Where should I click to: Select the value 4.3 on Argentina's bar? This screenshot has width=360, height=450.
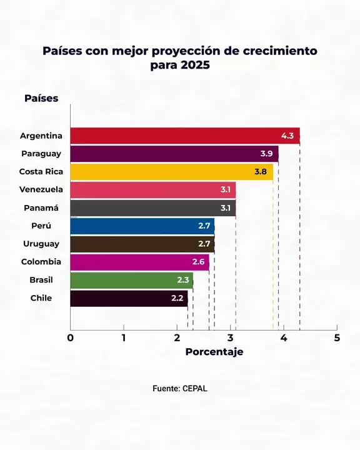coord(287,136)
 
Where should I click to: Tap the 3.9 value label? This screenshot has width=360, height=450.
coord(266,154)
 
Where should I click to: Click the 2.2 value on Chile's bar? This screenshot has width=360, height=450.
coord(177,298)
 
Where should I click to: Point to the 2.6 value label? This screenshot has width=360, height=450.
coord(198,262)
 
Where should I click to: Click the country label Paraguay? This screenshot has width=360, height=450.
coord(41,154)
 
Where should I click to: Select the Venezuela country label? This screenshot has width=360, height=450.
coord(41,189)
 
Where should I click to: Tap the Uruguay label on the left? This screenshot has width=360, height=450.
coord(41,244)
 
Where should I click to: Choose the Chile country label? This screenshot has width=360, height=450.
coord(41,298)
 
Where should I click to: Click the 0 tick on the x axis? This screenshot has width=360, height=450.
coord(71,338)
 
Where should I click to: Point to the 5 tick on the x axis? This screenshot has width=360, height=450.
coord(337,338)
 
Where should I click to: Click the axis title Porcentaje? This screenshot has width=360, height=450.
coord(214,352)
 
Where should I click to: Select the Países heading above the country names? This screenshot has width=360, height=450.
coord(41,98)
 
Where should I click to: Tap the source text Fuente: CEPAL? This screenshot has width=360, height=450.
coord(180,388)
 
